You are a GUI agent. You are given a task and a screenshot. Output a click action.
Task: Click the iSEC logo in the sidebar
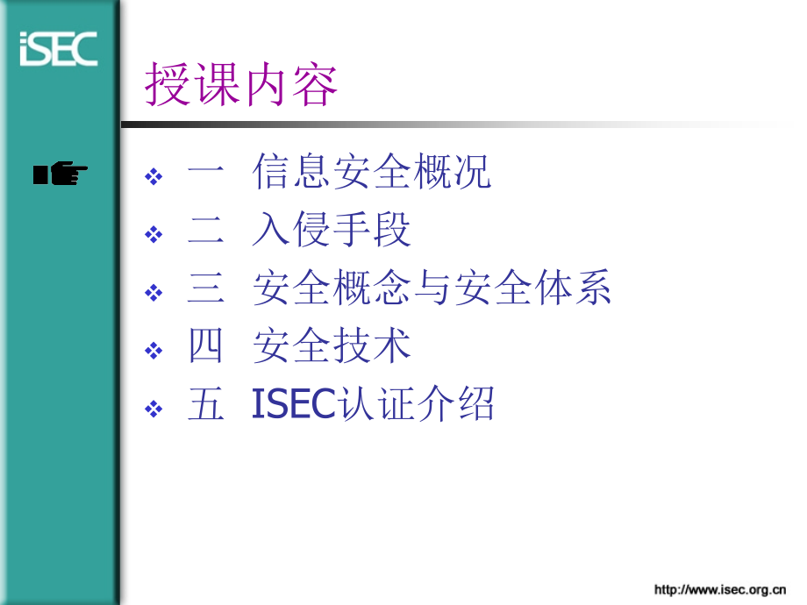click(x=58, y=48)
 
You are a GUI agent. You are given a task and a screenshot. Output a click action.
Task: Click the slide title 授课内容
click(x=241, y=86)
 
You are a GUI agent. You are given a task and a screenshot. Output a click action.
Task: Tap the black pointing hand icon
click(x=61, y=174)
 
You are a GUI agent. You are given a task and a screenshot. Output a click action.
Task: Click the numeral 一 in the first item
click(x=206, y=173)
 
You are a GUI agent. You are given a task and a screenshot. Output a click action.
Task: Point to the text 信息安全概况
click(x=372, y=172)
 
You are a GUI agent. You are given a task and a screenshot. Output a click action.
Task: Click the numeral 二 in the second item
click(x=206, y=231)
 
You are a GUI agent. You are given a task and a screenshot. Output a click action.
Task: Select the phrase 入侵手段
click(x=332, y=231)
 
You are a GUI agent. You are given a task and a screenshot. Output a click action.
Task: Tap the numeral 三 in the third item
click(x=206, y=289)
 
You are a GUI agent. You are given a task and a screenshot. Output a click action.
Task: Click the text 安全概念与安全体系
click(x=432, y=288)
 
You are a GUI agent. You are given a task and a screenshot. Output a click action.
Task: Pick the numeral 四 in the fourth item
click(x=206, y=347)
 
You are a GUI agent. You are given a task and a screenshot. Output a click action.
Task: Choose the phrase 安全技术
click(x=332, y=346)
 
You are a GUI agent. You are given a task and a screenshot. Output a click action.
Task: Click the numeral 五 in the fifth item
click(x=206, y=405)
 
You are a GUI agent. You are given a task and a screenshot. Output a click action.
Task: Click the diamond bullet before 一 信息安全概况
click(x=154, y=176)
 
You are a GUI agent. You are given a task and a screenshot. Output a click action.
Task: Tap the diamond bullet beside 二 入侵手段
click(x=154, y=234)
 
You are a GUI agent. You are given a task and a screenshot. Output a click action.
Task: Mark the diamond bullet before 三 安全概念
click(x=154, y=292)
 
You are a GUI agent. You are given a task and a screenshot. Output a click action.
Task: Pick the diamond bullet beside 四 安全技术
click(x=154, y=351)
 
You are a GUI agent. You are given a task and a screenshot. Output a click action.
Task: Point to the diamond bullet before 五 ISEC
click(x=154, y=409)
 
